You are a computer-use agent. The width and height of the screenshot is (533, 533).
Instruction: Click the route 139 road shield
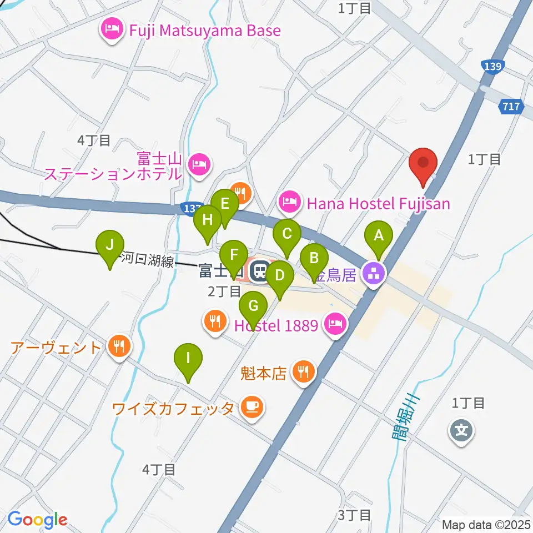pyautogui.click(x=493, y=67)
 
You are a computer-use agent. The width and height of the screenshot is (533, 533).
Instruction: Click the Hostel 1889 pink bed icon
pyautogui.click(x=334, y=324)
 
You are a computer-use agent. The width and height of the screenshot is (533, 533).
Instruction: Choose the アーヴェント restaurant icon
pyautogui.click(x=118, y=348)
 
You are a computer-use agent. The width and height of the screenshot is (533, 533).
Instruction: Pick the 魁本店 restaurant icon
pyautogui.click(x=303, y=371)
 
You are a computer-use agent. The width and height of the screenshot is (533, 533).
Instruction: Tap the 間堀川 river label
pyautogui.click(x=404, y=418)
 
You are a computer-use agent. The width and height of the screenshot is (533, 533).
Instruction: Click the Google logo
pyautogui.click(x=37, y=520)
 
